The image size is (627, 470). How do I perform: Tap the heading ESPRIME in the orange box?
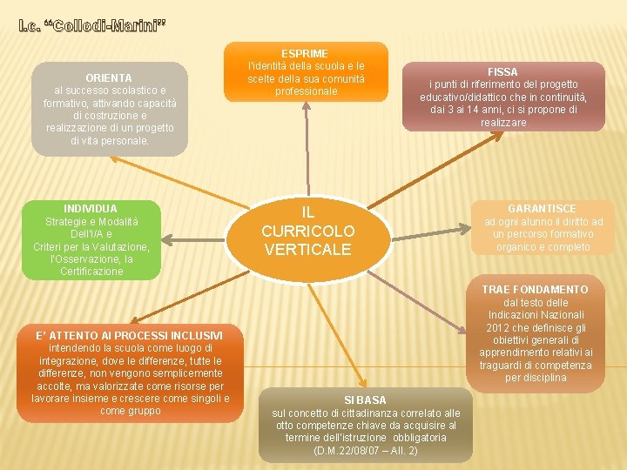pyautogui.click(x=305, y=54)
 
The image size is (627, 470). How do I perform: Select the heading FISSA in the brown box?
pyautogui.click(x=503, y=71)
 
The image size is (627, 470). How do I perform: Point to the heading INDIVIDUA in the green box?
pyautogui.click(x=91, y=209)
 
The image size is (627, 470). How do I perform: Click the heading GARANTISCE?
pyautogui.click(x=542, y=209)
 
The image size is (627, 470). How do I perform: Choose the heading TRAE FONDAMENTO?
pyautogui.click(x=535, y=290)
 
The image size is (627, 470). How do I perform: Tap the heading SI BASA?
pyautogui.click(x=365, y=400)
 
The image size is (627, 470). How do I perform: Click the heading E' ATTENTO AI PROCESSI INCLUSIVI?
pyautogui.click(x=129, y=336)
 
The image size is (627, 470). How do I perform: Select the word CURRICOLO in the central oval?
pyautogui.click(x=308, y=232)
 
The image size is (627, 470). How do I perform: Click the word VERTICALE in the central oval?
pyautogui.click(x=308, y=250)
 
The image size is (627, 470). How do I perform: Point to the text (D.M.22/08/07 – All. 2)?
pyautogui.click(x=365, y=450)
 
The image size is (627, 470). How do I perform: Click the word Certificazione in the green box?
pyautogui.click(x=91, y=272)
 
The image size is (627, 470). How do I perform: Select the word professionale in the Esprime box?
pyautogui.click(x=305, y=91)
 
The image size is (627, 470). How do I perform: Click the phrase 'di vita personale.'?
pyautogui.click(x=110, y=140)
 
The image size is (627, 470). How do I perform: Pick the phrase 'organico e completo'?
pyautogui.click(x=543, y=247)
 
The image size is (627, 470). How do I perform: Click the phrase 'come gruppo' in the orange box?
pyautogui.click(x=131, y=411)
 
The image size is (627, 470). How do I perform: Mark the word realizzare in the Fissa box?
pyautogui.click(x=503, y=123)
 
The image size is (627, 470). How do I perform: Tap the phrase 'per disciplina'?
pyautogui.click(x=535, y=378)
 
